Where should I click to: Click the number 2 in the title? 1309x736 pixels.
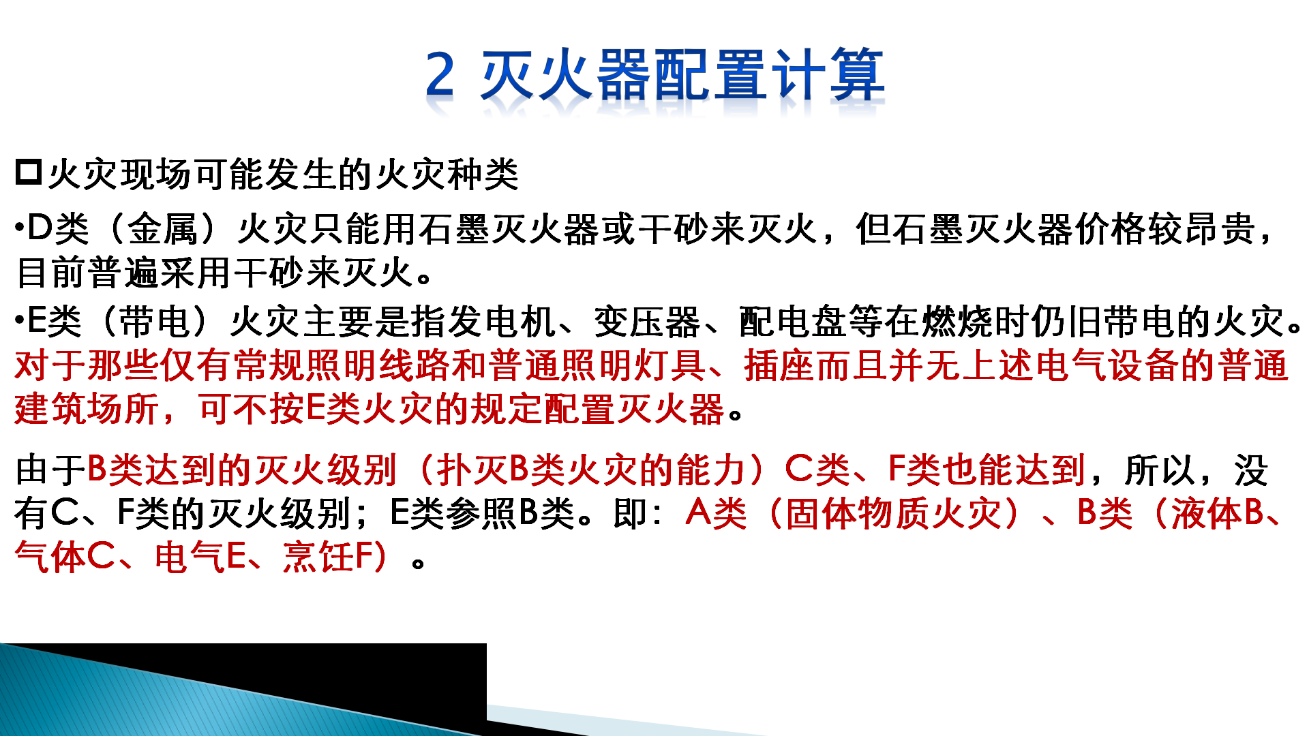(x=440, y=74)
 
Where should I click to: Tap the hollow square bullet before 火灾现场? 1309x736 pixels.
(x=29, y=172)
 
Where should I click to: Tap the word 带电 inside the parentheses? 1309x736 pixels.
(x=154, y=322)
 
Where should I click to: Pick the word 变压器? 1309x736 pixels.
(x=647, y=322)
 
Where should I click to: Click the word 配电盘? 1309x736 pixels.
(x=793, y=322)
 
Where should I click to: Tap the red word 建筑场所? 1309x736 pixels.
(x=87, y=410)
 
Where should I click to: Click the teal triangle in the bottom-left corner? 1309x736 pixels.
(x=170, y=702)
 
